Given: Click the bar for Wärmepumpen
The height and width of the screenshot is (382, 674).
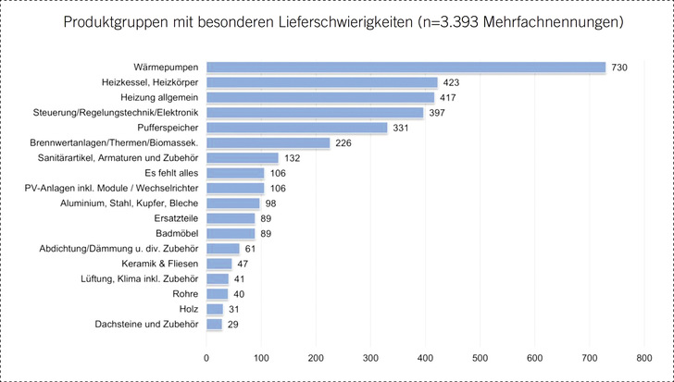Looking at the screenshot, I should [406, 68].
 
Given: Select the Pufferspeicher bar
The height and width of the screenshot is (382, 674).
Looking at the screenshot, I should [296, 128].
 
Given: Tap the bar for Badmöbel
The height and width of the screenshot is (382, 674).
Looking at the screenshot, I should [231, 233].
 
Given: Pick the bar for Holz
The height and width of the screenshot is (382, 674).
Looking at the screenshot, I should [215, 309].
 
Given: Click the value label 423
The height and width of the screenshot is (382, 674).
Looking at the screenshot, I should [453, 83].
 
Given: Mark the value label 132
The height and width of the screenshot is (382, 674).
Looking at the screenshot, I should [293, 158].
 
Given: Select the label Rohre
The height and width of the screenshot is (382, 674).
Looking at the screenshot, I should [186, 294].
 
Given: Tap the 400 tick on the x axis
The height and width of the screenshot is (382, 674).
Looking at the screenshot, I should [426, 355].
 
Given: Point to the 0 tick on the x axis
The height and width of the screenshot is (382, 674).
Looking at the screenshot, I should [206, 355].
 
